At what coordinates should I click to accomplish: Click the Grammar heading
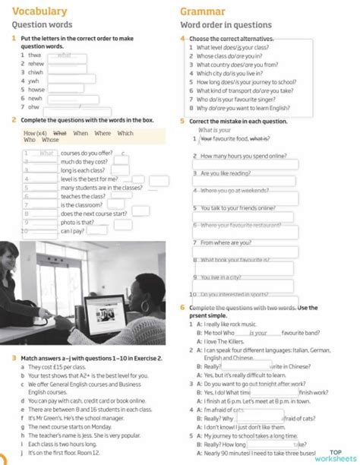(x=203, y=11)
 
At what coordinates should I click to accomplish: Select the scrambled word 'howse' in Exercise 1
(x=35, y=88)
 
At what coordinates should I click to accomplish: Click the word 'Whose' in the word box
(x=50, y=140)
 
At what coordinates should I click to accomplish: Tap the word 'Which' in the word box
(x=125, y=133)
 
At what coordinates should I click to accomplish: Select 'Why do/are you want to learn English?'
(x=243, y=108)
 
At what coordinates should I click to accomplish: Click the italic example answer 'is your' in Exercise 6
(x=258, y=333)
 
